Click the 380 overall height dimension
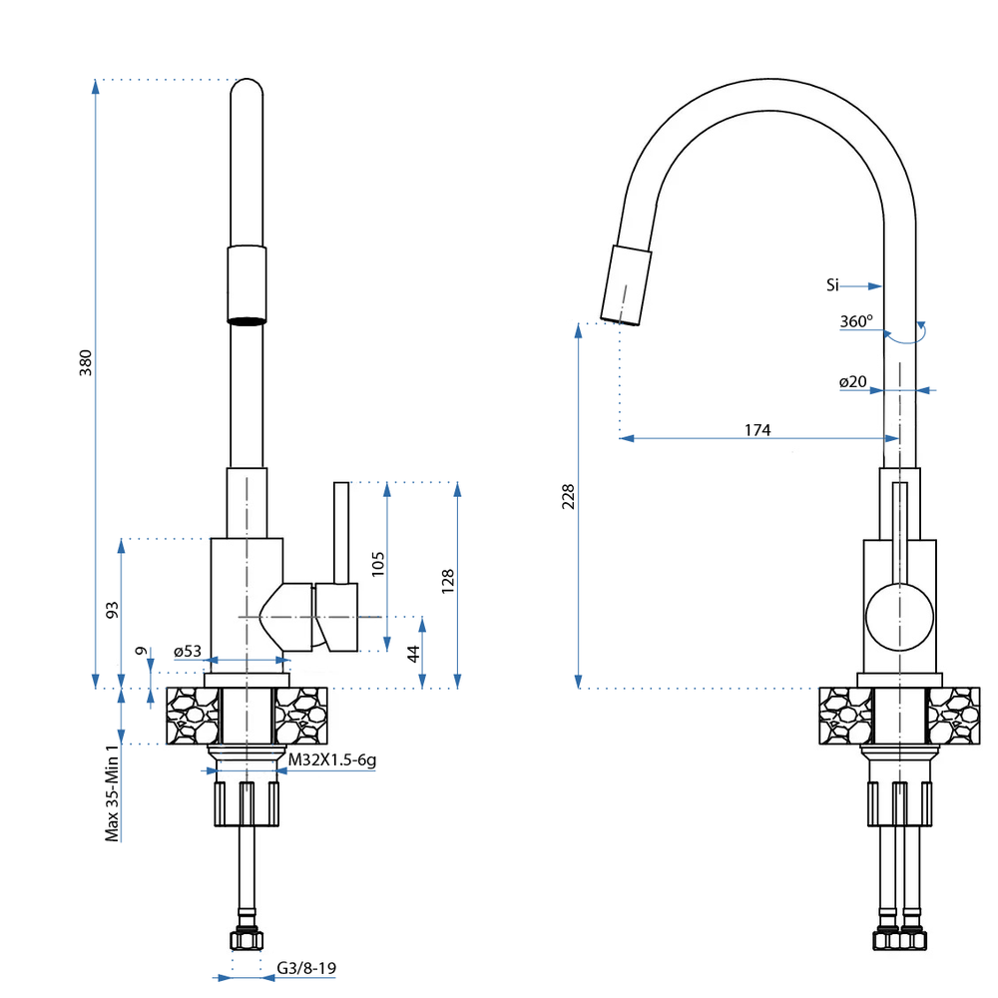tap(86, 362)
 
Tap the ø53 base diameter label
tap(188, 652)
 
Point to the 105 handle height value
tap(377, 565)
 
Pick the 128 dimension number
tap(448, 582)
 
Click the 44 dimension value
tap(411, 654)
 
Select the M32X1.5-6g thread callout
tap(331, 760)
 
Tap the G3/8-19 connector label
tap(306, 967)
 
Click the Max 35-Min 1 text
tap(113, 792)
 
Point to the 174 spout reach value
tap(757, 430)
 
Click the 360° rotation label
tap(855, 321)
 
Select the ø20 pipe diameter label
tap(852, 382)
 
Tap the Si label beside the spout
tap(832, 285)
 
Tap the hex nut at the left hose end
tap(246, 939)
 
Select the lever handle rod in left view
tap(341, 531)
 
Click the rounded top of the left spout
tap(248, 90)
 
